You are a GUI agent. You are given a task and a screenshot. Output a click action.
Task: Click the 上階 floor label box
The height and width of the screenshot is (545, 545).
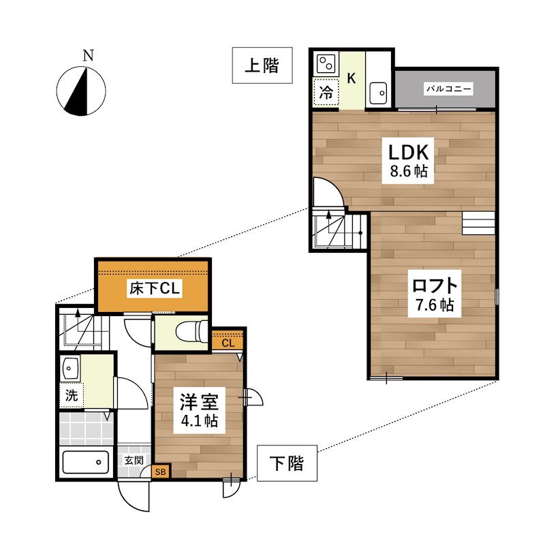pyautogui.click(x=262, y=65)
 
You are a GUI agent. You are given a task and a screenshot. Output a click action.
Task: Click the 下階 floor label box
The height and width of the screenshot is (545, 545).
pyautogui.click(x=287, y=463)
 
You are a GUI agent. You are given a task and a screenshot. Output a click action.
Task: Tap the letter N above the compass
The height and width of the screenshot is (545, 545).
pyautogui.click(x=89, y=56)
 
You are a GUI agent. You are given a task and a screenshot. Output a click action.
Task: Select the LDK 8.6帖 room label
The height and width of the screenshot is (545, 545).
pyautogui.click(x=408, y=161)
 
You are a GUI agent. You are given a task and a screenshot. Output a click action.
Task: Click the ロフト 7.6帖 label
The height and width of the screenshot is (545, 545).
pyautogui.click(x=435, y=294)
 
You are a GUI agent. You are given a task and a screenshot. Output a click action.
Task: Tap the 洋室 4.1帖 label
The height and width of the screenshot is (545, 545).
pyautogui.click(x=200, y=410)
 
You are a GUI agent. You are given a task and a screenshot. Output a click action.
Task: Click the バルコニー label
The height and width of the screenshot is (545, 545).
pyautogui.click(x=449, y=89)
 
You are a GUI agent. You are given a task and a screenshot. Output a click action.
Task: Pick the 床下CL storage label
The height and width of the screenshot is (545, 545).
pyautogui.click(x=155, y=288)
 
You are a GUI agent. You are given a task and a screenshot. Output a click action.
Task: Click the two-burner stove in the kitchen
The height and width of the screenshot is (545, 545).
pyautogui.click(x=326, y=64)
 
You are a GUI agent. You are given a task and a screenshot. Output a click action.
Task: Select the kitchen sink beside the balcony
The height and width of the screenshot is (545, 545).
pyautogui.click(x=378, y=93)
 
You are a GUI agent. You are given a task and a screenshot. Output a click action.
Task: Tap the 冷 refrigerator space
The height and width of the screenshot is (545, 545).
pyautogui.click(x=326, y=93)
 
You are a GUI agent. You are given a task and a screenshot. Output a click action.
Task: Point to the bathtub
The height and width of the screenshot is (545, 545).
pyautogui.click(x=86, y=463)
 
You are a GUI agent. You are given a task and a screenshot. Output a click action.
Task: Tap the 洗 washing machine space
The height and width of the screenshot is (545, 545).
pyautogui.click(x=72, y=395)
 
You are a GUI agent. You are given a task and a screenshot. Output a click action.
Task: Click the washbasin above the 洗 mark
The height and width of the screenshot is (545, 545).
pyautogui.click(x=71, y=367)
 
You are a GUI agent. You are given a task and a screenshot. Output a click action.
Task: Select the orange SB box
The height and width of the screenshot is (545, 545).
pyautogui.click(x=161, y=472)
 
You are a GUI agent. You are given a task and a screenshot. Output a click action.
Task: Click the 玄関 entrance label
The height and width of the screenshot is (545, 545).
pyautogui.click(x=134, y=461)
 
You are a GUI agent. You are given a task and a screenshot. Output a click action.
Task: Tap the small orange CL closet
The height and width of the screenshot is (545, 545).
pyautogui.click(x=228, y=343)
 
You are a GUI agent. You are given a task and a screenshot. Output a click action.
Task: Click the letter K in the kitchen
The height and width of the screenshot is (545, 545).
pyautogui.click(x=352, y=78)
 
